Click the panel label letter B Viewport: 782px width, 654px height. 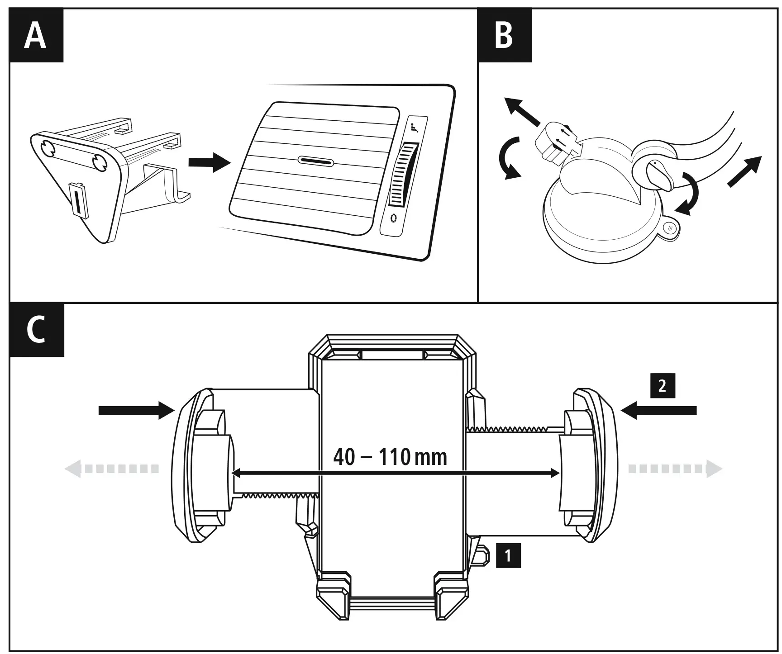tap(504, 36)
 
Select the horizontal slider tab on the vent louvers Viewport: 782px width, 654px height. tap(315, 161)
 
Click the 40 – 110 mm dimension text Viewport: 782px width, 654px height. tap(390, 457)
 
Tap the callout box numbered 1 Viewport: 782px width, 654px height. tap(508, 555)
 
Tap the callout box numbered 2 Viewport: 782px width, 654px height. tap(663, 386)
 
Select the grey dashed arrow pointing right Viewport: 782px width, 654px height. tap(674, 469)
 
